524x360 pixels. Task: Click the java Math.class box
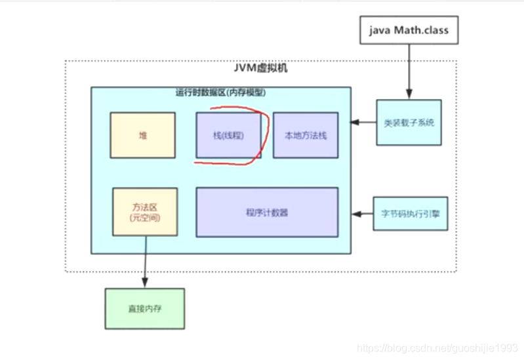[x=409, y=30]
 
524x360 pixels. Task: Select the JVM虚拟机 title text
[x=260, y=68]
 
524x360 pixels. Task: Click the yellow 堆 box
[x=142, y=135]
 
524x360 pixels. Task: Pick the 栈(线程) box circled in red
[x=228, y=135]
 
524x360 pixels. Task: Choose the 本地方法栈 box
[x=305, y=135]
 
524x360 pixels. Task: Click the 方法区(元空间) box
[x=145, y=211]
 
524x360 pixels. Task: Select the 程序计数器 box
[x=267, y=212]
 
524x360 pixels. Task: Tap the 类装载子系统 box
[x=409, y=123]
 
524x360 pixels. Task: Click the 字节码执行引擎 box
[x=410, y=213]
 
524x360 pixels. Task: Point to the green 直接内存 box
[x=144, y=308]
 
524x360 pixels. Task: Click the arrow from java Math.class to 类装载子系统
[x=409, y=72]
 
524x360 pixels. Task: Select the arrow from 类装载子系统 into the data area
[x=363, y=123]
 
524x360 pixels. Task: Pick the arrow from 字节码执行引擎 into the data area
[x=362, y=213]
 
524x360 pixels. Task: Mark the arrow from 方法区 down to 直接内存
[x=145, y=262]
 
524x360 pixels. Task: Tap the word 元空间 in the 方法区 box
[x=145, y=217]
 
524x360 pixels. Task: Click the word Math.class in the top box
[x=421, y=30]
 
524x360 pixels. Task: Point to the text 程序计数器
[x=267, y=212]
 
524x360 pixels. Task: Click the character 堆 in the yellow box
[x=142, y=135]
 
